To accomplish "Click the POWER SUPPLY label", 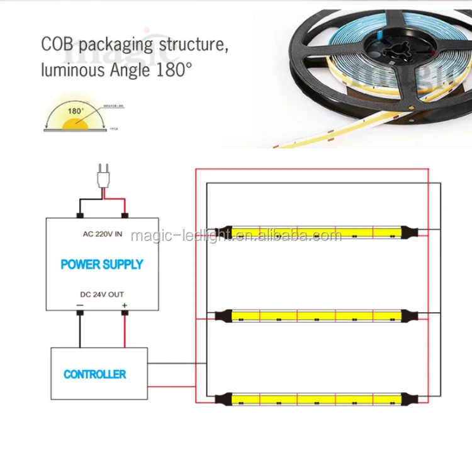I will [x=102, y=264].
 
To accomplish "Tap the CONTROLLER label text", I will [x=94, y=374].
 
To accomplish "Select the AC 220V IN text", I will [x=102, y=234].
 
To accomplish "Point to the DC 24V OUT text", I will [x=103, y=295].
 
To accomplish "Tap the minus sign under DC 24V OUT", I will [x=80, y=305].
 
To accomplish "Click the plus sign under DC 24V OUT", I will [x=124, y=305].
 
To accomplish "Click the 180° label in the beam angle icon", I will [x=75, y=111].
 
